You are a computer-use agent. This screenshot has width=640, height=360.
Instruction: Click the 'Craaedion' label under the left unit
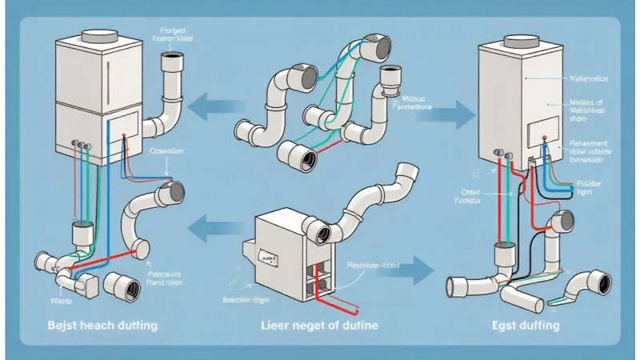166,150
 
